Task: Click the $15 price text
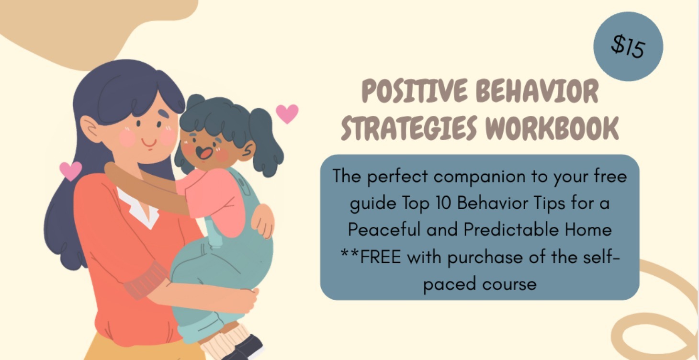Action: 628,47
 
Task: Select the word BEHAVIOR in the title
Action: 537,92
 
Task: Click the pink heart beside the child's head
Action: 287,113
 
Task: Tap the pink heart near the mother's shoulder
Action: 70,170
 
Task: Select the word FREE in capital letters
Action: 380,257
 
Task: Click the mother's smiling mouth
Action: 149,143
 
